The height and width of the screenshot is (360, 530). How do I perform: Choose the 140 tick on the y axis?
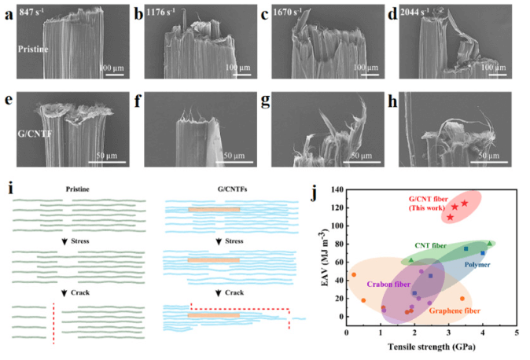click(x=337, y=190)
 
